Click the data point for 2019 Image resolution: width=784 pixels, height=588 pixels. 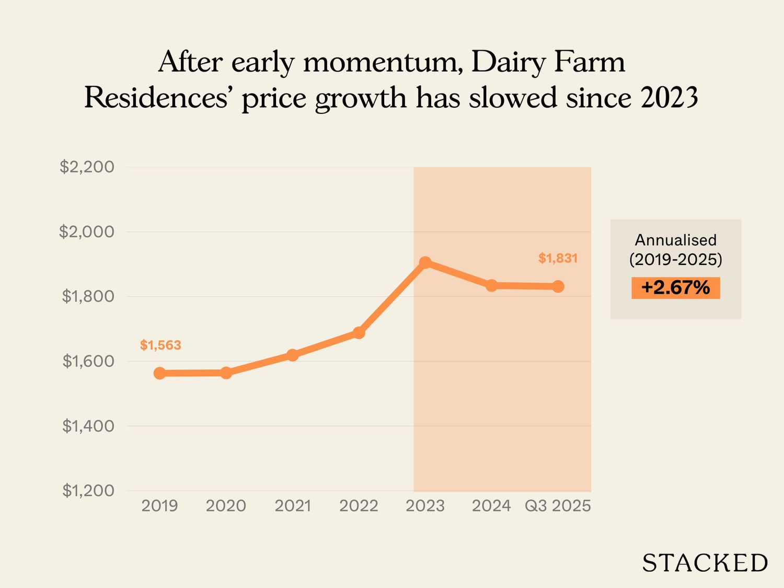160,373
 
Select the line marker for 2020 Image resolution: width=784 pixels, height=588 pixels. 226,373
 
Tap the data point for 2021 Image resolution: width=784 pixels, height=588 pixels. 293,355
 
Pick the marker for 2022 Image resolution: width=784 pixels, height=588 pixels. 359,332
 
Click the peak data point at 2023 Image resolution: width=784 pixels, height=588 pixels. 425,262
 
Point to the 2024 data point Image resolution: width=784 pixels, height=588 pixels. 491,285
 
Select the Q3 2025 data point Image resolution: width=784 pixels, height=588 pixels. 558,286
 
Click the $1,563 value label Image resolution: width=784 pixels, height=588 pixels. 160,345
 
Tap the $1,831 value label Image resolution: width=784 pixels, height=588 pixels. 558,258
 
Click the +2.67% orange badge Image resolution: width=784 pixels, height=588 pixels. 675,288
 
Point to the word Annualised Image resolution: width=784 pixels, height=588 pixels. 675,240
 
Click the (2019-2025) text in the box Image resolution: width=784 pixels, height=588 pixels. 675,259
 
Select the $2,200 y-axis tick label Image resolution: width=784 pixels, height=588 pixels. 87,167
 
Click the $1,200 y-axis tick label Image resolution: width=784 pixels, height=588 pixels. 88,491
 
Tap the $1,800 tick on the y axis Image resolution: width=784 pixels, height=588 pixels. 88,296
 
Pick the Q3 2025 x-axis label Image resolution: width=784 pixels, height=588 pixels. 558,506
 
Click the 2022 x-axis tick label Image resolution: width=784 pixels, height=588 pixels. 359,506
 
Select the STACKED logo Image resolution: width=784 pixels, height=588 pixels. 705,563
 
